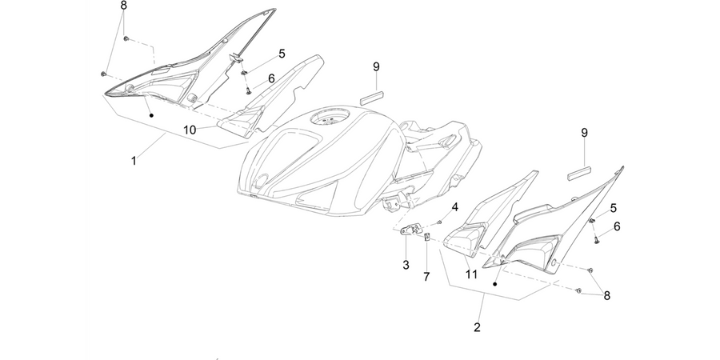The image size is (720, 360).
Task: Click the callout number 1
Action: coord(134,161)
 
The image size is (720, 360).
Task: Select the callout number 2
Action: coord(477,327)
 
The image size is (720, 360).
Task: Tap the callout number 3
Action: coord(406,265)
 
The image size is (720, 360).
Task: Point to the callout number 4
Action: coord(454,207)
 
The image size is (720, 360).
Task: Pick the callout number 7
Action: coord(426,277)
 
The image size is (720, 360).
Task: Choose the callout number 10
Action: coord(190,130)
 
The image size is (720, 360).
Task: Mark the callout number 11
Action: coord(471,274)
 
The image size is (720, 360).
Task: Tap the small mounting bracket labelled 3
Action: coord(409,230)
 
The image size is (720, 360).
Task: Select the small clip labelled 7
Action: coord(427,237)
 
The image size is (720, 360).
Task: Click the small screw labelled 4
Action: coord(439,222)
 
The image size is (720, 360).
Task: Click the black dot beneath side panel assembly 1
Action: coord(151,115)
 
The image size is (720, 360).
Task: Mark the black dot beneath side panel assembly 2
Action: coord(495,284)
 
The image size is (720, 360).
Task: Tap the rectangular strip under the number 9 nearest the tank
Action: coord(372,97)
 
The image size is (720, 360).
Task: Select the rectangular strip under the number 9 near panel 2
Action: coord(581,172)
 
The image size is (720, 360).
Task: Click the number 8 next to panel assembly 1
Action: coord(123,6)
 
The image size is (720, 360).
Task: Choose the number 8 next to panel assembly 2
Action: coord(607,296)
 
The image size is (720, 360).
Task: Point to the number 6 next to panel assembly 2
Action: coord(617,226)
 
